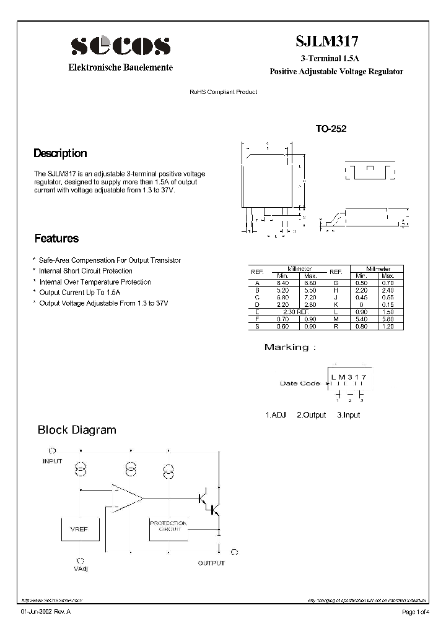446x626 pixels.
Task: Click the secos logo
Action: (120, 46)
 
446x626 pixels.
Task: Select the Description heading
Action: (60, 153)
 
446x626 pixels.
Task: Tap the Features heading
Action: (56, 238)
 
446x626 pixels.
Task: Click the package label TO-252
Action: (331, 129)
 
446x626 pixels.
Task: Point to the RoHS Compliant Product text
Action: (223, 92)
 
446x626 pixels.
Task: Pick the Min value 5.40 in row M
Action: (363, 319)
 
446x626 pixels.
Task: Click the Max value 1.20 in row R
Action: (388, 326)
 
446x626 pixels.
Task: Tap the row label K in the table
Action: (335, 304)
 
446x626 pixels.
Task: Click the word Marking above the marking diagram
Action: (286, 347)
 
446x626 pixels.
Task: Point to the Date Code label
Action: (300, 384)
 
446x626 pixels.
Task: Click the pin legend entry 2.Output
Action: (311, 415)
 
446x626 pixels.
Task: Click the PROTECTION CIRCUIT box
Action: (168, 526)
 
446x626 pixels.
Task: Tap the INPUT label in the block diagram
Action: (52, 461)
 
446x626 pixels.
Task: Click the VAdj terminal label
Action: (81, 568)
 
